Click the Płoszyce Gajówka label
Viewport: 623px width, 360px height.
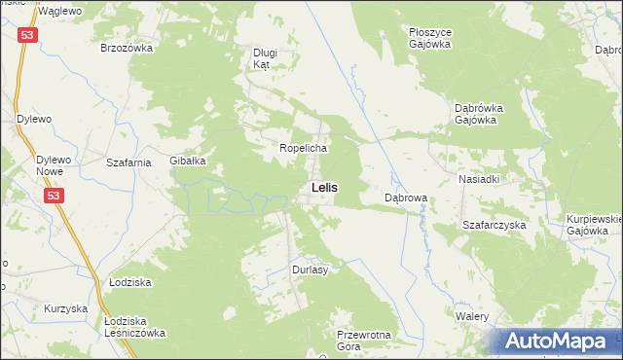click(429, 38)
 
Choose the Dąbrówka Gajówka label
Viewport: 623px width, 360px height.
click(476, 114)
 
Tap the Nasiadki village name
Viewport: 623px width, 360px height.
click(479, 180)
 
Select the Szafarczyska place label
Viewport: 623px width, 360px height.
click(494, 225)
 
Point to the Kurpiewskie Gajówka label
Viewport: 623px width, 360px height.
click(594, 226)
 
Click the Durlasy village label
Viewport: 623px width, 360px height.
click(310, 270)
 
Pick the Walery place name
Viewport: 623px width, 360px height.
click(470, 316)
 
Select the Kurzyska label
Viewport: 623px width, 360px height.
click(66, 308)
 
